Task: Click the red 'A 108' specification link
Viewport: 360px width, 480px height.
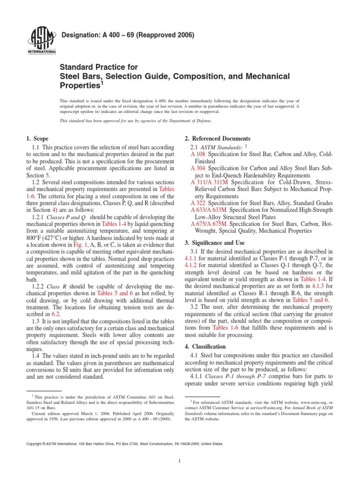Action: click(198, 154)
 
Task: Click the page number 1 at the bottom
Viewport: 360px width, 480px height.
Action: click(180, 461)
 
